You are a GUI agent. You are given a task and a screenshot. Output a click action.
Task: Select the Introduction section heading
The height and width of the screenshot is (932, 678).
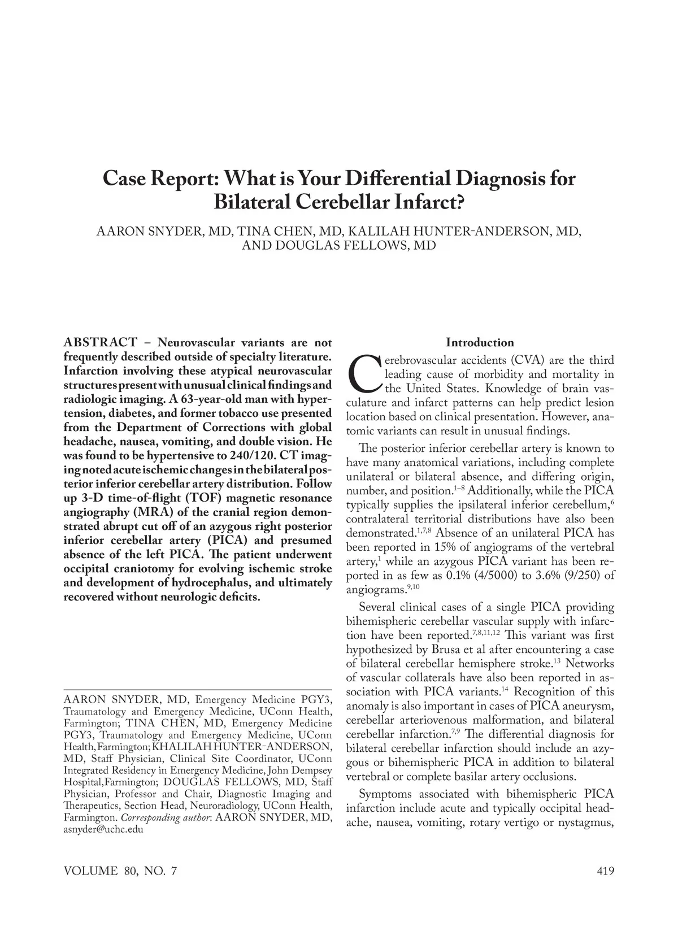pos(480,342)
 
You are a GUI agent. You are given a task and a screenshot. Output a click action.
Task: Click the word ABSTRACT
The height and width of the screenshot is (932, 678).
pos(100,343)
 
